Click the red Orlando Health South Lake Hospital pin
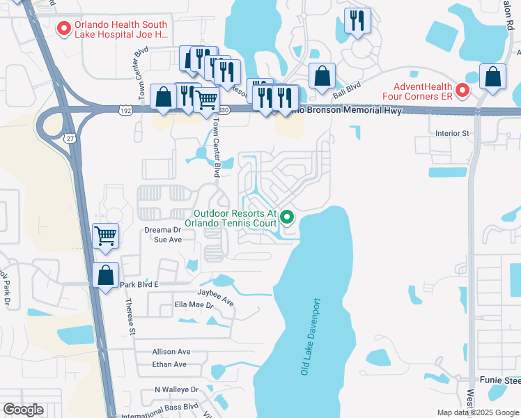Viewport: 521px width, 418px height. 64,28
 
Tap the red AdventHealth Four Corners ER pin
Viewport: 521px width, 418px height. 462,90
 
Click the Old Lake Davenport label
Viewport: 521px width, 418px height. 311,337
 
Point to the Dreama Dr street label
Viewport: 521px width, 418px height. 162,229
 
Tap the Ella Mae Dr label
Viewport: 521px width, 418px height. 194,304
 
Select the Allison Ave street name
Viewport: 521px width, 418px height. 171,352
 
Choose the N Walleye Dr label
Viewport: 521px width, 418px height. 176,389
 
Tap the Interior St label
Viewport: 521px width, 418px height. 453,133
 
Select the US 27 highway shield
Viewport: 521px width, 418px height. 69,138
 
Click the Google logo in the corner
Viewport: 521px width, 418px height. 23,410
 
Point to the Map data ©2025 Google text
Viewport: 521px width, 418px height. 477,412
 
